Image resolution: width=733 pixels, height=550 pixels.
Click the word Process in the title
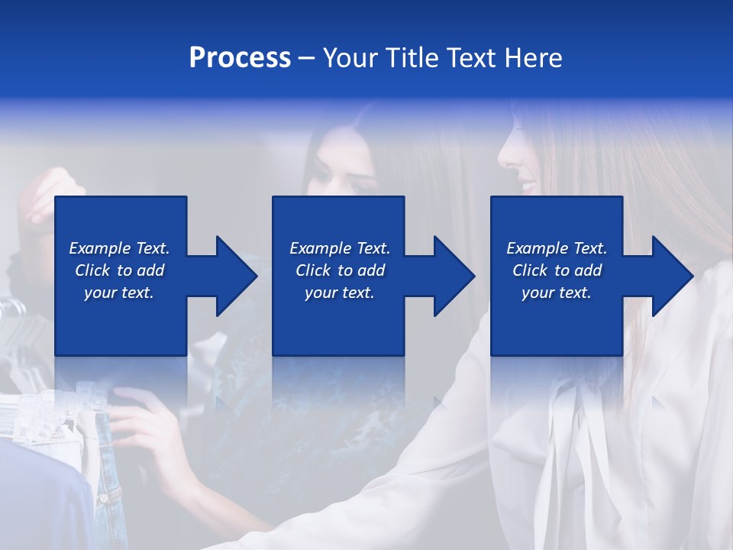pos(240,58)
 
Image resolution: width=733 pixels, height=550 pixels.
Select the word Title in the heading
pos(411,58)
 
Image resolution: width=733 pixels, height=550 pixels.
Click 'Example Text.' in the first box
pos(119,248)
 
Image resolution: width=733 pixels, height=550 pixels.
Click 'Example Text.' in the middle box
pos(340,248)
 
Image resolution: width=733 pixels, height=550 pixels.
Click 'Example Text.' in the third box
pos(557,248)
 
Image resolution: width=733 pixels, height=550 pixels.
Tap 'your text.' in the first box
pos(119,293)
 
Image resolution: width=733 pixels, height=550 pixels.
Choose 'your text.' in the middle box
pos(340,293)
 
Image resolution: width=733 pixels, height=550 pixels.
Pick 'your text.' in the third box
pos(557,293)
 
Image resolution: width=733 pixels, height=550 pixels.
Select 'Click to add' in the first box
pos(119,270)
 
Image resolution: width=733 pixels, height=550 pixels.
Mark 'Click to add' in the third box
pos(557,270)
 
